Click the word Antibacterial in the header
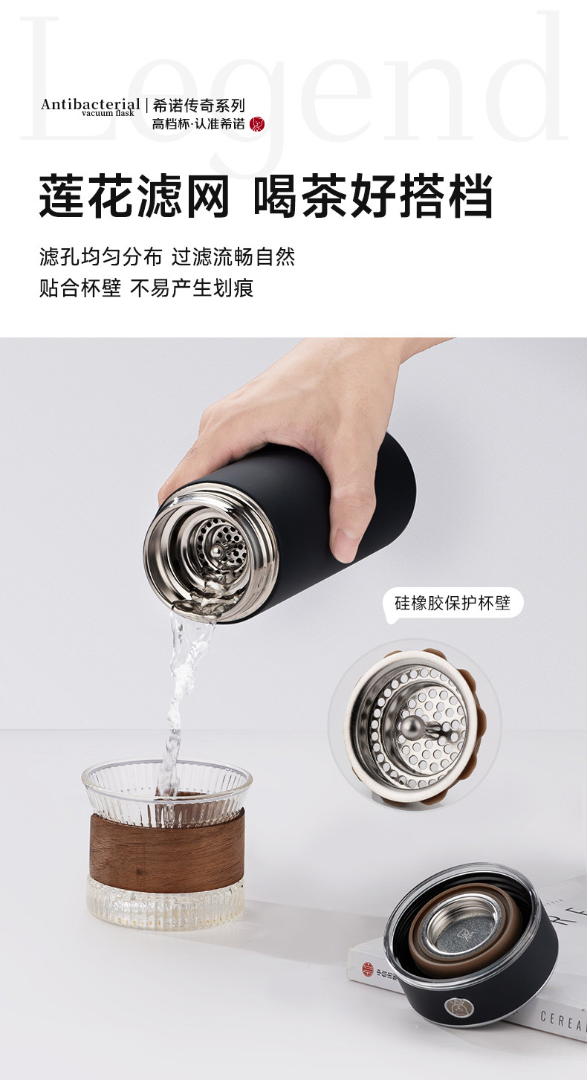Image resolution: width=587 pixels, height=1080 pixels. (x=91, y=104)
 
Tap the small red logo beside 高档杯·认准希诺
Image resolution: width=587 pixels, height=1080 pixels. (x=257, y=124)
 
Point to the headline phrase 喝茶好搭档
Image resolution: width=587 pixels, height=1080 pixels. (x=373, y=196)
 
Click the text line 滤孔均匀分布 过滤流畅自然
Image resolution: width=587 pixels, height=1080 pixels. (x=166, y=256)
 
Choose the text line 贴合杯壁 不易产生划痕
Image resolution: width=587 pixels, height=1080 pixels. (x=146, y=288)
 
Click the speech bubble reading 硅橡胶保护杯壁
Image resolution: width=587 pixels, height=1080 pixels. (x=452, y=603)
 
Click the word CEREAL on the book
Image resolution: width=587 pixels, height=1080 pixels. (x=563, y=1021)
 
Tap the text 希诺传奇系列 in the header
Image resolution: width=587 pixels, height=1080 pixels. (x=199, y=105)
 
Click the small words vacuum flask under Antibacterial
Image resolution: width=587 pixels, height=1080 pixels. (x=108, y=113)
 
